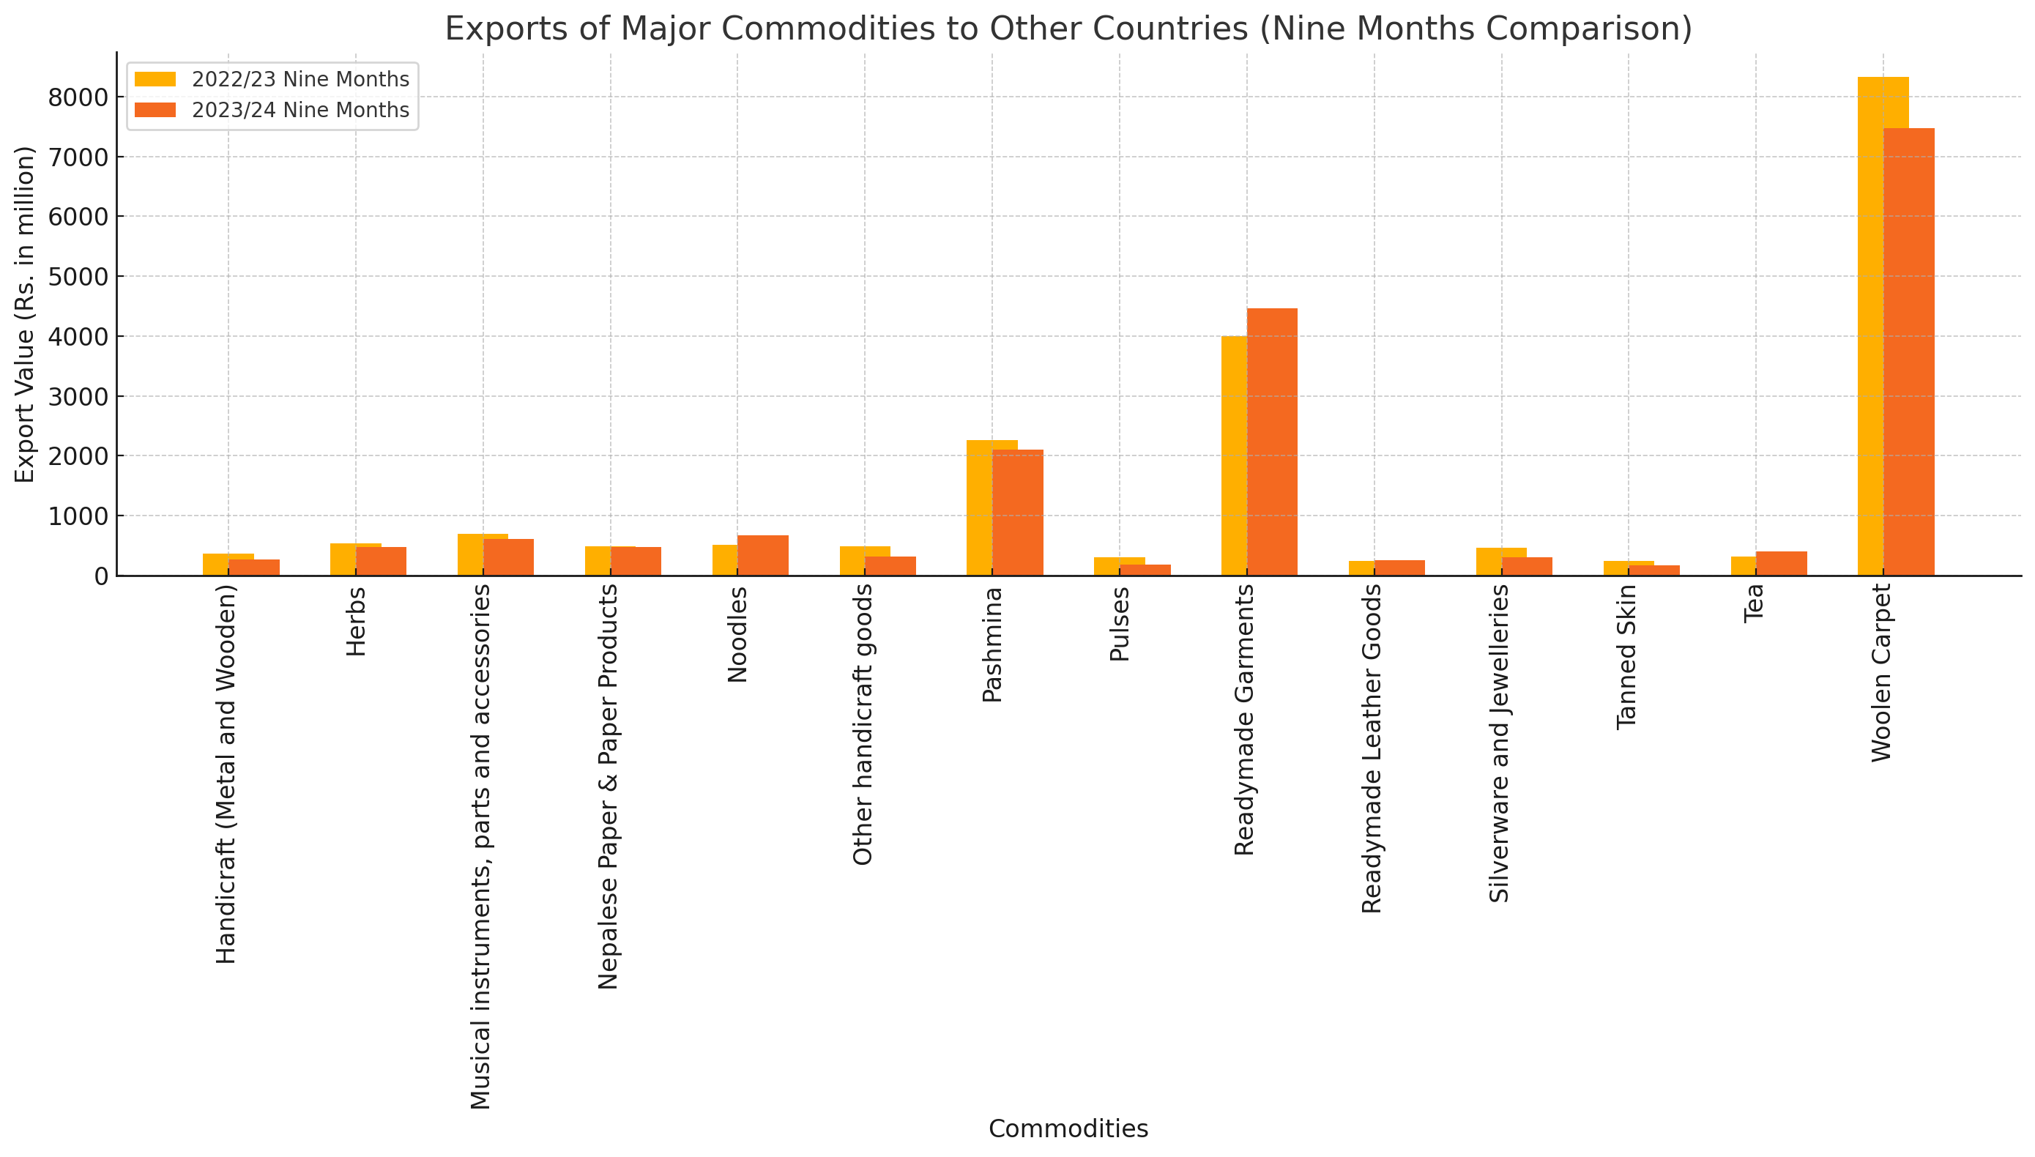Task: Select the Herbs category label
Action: pyautogui.click(x=357, y=621)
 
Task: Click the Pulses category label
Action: pyautogui.click(x=1120, y=624)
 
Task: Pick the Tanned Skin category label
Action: pyautogui.click(x=1627, y=657)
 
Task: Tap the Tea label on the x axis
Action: pyautogui.click(x=1754, y=603)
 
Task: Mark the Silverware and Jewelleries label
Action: pyautogui.click(x=1500, y=743)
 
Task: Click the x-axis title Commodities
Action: pyautogui.click(x=1068, y=1128)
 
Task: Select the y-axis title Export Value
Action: pyautogui.click(x=26, y=314)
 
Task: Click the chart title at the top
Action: pyautogui.click(x=1068, y=29)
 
